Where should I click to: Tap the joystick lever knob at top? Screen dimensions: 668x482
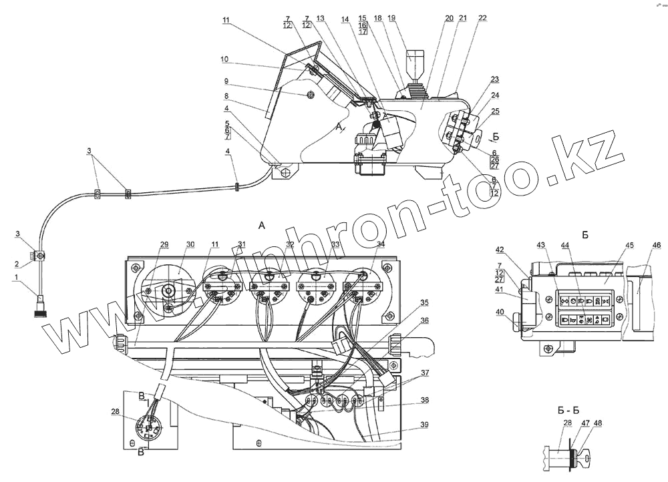coord(417,61)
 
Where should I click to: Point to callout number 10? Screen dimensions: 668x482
coord(225,59)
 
